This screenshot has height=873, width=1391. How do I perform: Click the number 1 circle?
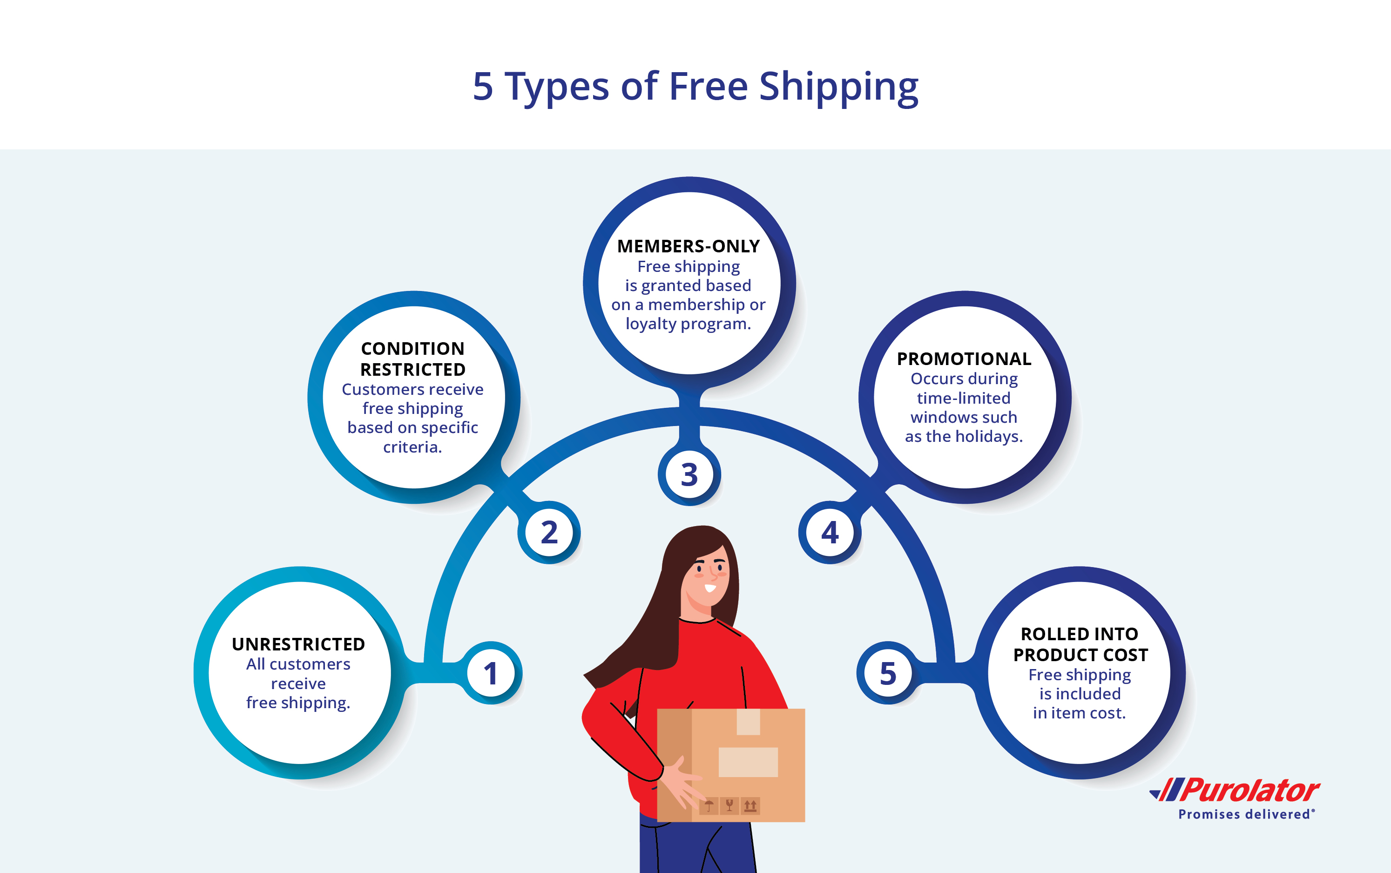coord(491,673)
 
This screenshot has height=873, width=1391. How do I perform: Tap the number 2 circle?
coord(549,532)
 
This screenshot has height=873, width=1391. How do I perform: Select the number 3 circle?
coord(689,474)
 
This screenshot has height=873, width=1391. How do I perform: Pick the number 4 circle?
coord(830,532)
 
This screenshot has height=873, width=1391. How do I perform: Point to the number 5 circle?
coord(888,673)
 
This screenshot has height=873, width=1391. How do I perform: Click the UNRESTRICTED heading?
coord(298,644)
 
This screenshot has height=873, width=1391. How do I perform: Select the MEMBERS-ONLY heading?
coord(689,247)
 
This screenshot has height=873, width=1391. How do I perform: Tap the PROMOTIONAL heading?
coord(964,359)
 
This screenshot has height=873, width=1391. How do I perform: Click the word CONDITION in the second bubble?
coord(412,349)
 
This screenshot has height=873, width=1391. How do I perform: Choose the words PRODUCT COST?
coord(1080,655)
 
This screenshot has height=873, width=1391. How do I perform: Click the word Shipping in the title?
coord(838,87)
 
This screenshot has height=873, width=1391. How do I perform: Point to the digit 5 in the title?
coord(483,87)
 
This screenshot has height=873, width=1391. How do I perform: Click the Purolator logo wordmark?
coord(1249,791)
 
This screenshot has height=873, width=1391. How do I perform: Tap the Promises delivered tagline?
coord(1244,815)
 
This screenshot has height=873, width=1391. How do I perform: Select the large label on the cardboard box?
coord(748,762)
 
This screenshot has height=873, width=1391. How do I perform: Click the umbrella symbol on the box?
coord(709,805)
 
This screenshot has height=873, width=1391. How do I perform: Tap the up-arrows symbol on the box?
coord(750,805)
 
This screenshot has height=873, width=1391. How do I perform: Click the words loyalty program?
coord(689,324)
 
